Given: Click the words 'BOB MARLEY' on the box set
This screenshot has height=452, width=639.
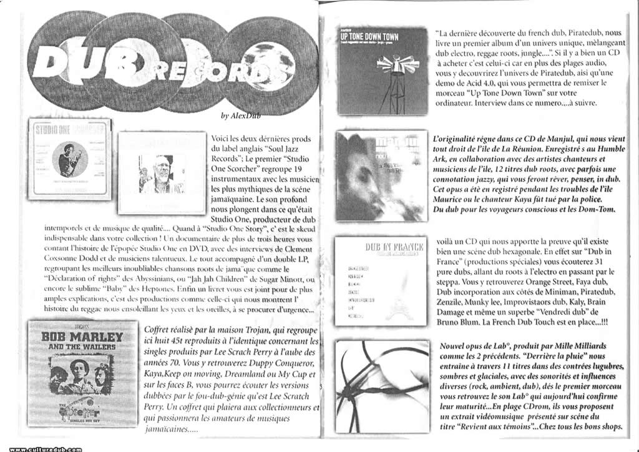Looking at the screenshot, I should pyautogui.click(x=82, y=341).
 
